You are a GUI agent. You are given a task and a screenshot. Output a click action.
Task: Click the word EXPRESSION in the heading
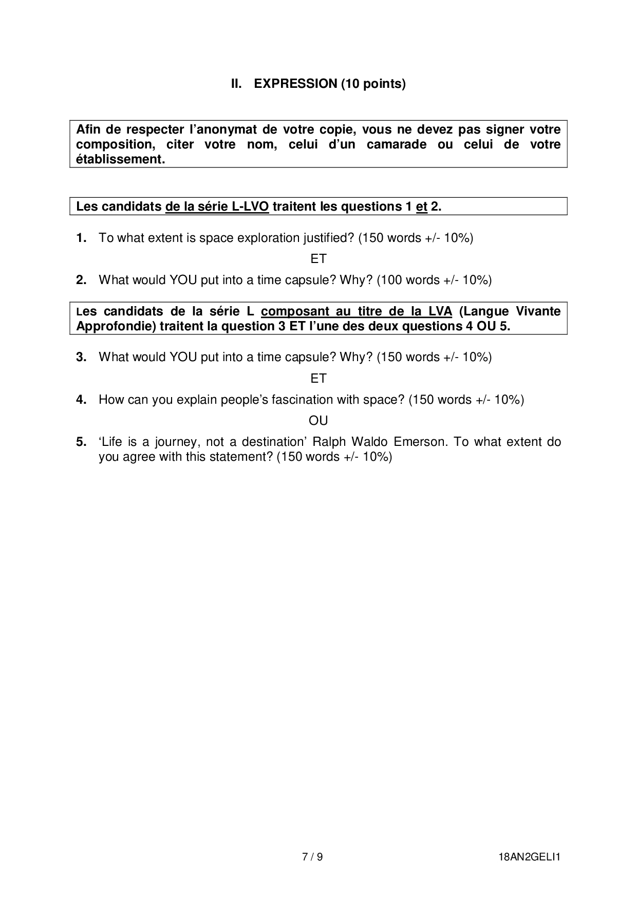click(295, 84)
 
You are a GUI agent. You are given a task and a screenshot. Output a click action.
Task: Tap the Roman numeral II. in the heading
click(236, 84)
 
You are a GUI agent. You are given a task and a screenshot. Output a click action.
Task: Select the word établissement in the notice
click(120, 159)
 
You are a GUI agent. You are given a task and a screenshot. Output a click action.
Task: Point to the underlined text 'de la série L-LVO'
click(217, 207)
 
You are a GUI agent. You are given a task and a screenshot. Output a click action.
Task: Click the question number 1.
click(81, 238)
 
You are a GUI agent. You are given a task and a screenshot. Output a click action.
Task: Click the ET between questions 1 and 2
click(318, 259)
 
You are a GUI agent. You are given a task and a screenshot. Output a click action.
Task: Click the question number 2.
click(81, 280)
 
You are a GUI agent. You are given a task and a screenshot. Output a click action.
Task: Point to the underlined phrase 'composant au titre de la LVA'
click(356, 311)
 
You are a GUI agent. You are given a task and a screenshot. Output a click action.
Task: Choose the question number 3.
click(81, 357)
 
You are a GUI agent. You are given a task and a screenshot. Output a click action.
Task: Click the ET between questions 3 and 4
click(318, 379)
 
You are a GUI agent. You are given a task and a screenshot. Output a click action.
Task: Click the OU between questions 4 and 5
click(318, 421)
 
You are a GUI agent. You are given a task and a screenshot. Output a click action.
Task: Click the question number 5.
click(81, 442)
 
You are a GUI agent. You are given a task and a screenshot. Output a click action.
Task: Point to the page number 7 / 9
click(312, 857)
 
